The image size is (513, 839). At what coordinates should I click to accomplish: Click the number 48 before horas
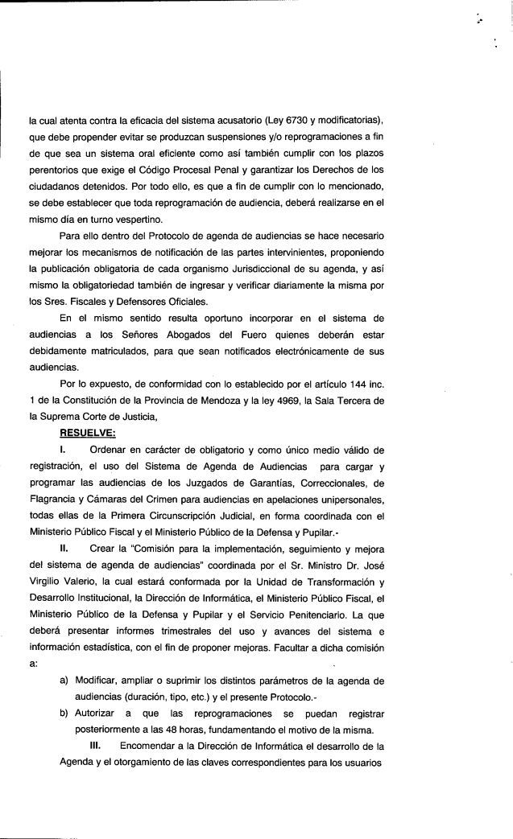click(x=168, y=729)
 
